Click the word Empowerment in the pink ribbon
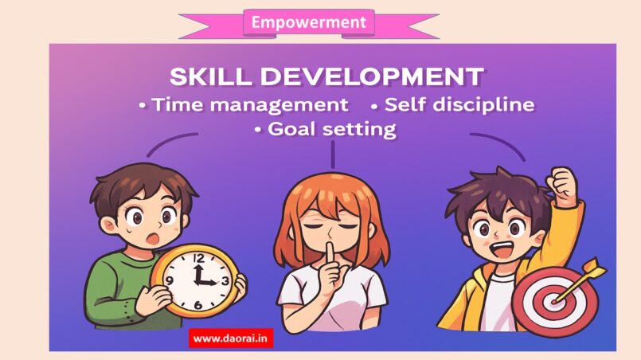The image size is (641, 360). (x=309, y=22)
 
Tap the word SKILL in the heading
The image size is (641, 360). (x=210, y=76)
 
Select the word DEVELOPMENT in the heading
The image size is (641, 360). (x=372, y=76)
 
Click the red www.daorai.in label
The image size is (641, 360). (x=231, y=338)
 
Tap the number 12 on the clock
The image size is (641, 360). (x=199, y=258)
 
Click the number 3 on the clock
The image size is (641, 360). (x=225, y=281)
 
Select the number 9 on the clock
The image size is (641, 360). (x=170, y=280)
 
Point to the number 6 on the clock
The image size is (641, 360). (x=197, y=305)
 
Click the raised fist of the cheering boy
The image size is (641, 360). (x=562, y=183)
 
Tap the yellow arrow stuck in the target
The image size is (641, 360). (x=580, y=280)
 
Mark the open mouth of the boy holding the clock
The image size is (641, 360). (x=153, y=238)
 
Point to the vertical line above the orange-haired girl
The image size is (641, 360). (x=333, y=155)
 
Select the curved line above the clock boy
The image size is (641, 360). (x=169, y=141)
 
